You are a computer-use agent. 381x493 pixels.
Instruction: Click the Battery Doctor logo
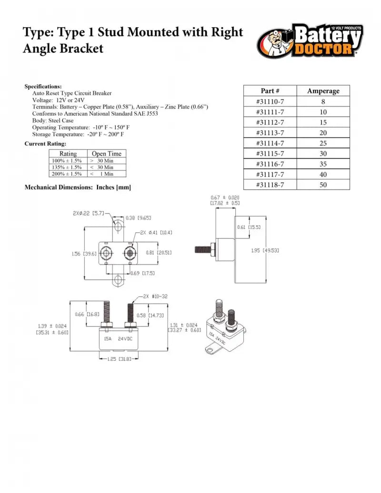(310, 41)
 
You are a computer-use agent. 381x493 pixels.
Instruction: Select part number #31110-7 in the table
(270, 101)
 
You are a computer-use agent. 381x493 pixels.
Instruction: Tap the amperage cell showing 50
(323, 185)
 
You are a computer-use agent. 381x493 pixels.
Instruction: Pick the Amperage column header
(323, 91)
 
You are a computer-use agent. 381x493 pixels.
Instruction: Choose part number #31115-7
(270, 154)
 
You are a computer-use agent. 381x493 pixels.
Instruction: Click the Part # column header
(270, 91)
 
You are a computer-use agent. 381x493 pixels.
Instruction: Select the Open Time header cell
(106, 154)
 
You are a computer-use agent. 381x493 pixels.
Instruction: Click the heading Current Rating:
(45, 144)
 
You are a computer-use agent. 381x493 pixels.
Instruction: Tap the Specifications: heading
(43, 87)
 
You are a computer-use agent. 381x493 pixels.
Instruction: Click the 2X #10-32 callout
(155, 296)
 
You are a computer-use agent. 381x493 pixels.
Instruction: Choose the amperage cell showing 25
(323, 143)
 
